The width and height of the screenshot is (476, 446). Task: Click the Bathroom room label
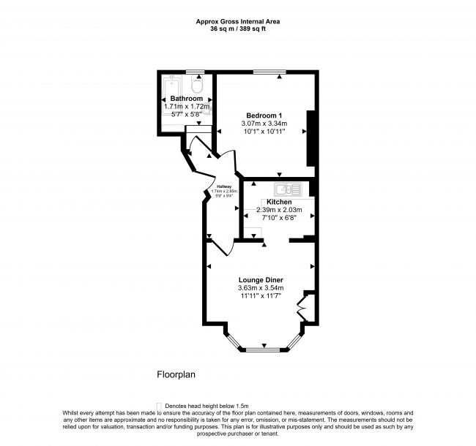coord(186,99)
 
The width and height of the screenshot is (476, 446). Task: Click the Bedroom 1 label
coord(264,116)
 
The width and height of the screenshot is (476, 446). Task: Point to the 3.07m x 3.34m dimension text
coord(264,124)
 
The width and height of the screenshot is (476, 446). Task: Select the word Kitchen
coord(279,202)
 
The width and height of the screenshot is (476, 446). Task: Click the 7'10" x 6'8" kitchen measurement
coord(279,217)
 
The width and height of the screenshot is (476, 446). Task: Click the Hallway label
coord(220,186)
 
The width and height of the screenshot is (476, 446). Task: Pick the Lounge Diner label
coord(261,280)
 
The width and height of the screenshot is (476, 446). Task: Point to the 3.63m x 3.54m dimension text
coord(261,288)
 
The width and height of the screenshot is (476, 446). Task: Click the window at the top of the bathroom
coord(194,72)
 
